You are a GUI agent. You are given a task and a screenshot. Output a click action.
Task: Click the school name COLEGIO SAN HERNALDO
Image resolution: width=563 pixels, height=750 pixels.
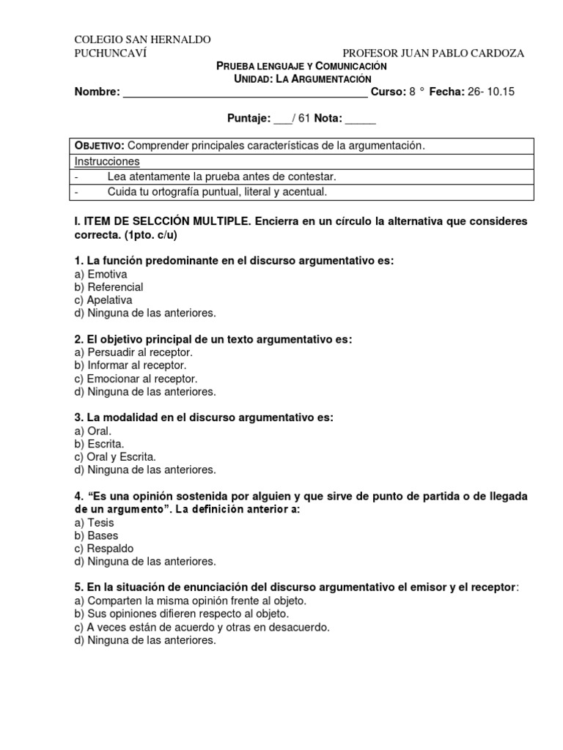[143, 40]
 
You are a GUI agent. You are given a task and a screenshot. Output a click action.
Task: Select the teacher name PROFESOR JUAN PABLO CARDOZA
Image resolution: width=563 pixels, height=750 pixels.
[433, 53]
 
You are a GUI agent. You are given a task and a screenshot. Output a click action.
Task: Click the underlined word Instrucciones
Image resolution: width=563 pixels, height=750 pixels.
[107, 161]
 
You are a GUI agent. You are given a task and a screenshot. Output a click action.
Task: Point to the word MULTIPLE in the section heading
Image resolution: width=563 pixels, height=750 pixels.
[213, 220]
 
